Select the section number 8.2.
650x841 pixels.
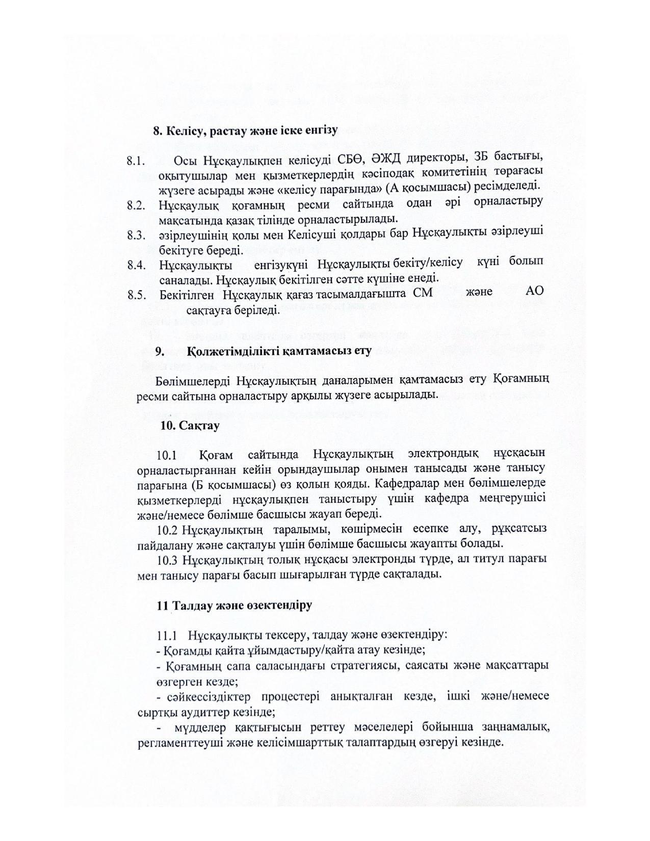tap(136, 206)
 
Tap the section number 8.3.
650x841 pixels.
tap(136, 235)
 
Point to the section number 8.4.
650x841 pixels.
tap(136, 265)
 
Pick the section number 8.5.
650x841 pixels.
tap(136, 295)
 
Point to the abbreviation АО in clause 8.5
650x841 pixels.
tap(534, 291)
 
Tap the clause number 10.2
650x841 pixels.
tap(168, 529)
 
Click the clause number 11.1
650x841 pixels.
tap(167, 636)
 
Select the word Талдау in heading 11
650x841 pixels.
tap(192, 606)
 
